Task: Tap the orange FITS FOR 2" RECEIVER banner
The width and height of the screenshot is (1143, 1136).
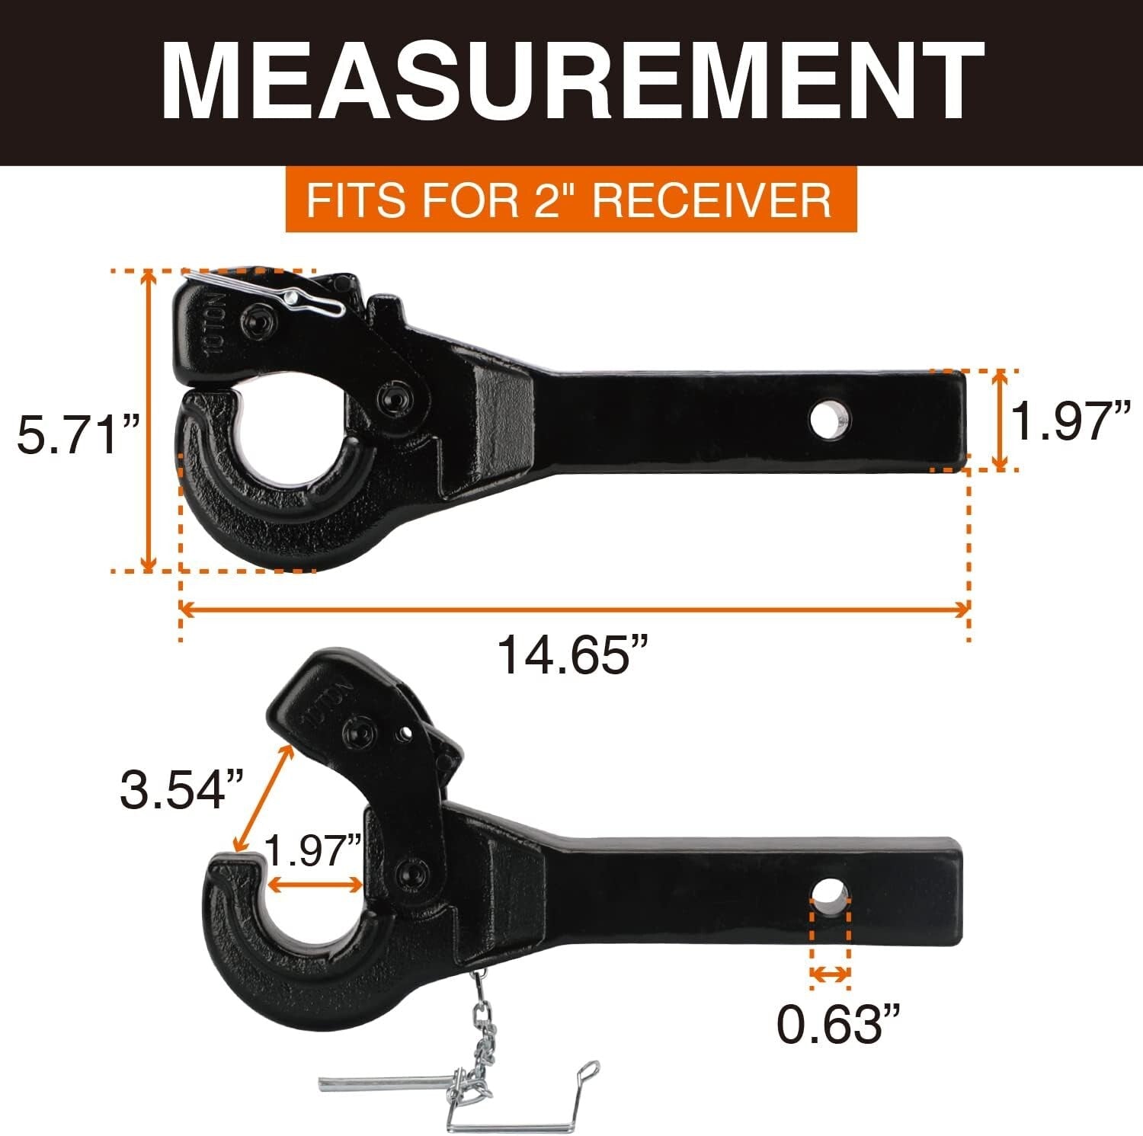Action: click(571, 200)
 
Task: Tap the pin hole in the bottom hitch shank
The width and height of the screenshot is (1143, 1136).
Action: click(830, 892)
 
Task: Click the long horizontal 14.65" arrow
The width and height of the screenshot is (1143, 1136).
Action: click(575, 609)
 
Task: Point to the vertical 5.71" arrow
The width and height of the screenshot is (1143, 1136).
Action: click(150, 421)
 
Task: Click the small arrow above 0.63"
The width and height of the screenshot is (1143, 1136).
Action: click(830, 974)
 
